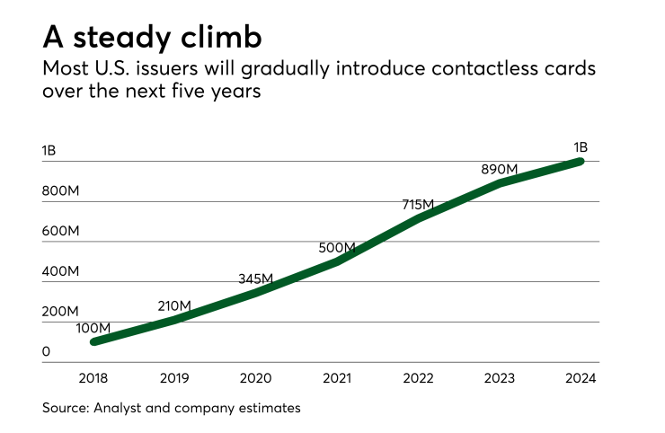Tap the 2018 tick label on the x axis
coord(93,378)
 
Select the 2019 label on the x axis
coord(174,378)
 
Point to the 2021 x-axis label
coord(337,378)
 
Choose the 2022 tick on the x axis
coord(419,378)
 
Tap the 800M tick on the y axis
coord(61,190)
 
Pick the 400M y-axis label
coord(61,271)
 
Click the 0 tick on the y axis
coord(46,351)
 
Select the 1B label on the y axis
coord(49,150)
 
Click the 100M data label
coord(93,328)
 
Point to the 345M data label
coord(256,278)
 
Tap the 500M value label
coord(337,247)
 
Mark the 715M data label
coord(419,206)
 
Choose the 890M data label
coord(500,169)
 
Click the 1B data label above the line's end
coord(579,146)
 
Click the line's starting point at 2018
coord(93,341)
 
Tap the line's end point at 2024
coord(581,162)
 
